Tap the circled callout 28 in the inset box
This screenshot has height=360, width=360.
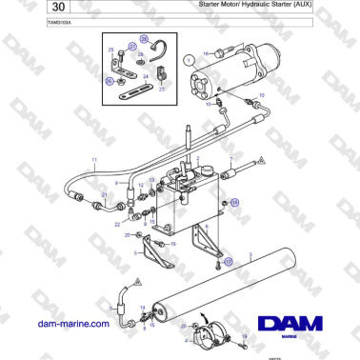[144, 39]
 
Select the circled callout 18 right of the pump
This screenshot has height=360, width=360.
[237, 203]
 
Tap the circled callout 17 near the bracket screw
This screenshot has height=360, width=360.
[228, 260]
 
